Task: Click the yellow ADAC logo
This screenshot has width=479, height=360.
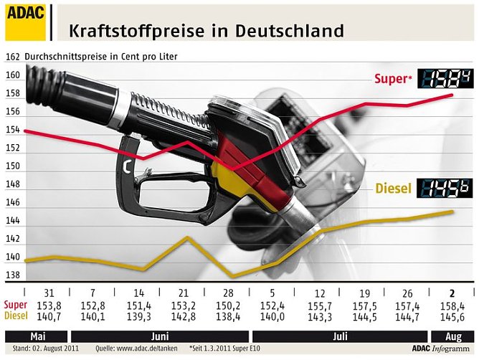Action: point(25,22)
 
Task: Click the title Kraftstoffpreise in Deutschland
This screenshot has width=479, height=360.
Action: point(206,31)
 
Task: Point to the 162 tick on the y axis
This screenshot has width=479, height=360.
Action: point(12,57)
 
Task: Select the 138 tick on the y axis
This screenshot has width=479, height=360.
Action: point(12,276)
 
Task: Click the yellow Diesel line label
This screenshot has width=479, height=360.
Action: point(394,189)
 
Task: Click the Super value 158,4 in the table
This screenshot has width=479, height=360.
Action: point(451,305)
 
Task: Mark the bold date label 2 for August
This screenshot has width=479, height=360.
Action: point(451,293)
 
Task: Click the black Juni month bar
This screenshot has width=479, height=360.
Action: point(158,336)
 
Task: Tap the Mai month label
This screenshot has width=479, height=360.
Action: point(37,336)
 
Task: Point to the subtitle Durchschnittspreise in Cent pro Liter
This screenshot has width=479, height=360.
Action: point(101,56)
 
